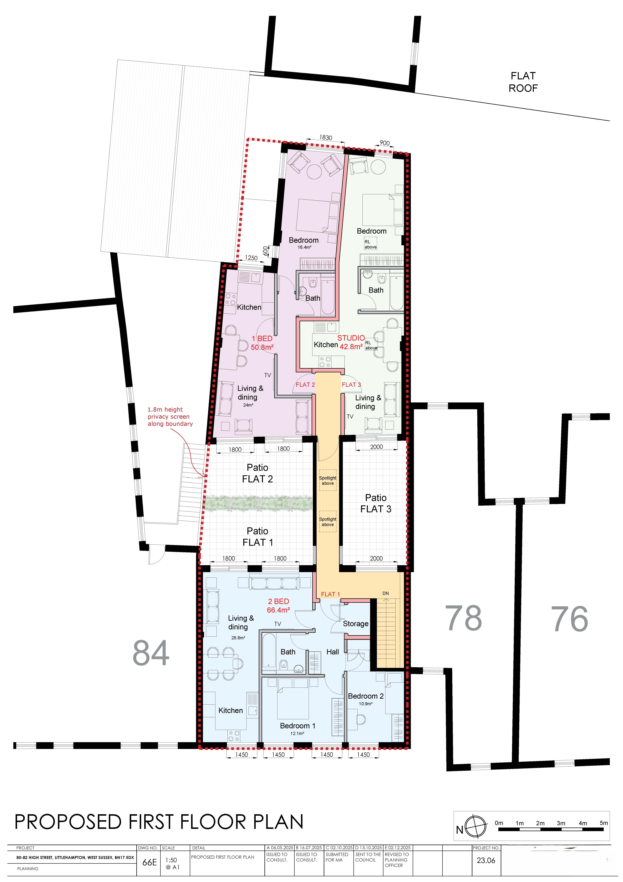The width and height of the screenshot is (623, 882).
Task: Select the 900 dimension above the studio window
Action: tap(384, 143)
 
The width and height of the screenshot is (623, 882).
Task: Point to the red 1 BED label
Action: tap(262, 338)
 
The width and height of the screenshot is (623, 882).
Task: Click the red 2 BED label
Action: tap(278, 601)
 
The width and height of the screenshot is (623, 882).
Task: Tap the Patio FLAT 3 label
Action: tap(376, 503)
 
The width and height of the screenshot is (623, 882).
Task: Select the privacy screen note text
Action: tap(170, 417)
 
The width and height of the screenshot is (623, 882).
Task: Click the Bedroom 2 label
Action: tap(366, 696)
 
